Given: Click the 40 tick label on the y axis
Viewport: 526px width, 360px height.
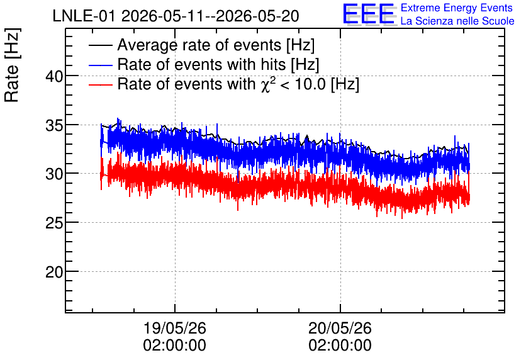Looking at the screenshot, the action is (54, 77).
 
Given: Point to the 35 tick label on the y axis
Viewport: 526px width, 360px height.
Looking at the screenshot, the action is (54, 125).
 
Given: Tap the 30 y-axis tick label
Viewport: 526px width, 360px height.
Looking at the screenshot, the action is (54, 174).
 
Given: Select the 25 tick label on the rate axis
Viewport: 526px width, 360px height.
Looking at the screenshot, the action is (54, 223).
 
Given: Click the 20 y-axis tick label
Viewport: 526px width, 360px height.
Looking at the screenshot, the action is (54, 272).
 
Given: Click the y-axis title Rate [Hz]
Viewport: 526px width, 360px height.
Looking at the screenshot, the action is (12, 65).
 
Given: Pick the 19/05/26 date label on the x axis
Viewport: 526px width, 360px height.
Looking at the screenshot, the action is (175, 328).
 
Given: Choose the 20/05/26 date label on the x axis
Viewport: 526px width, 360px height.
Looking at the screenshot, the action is (340, 328).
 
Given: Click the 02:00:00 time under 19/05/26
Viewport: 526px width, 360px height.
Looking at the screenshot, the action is (175, 346).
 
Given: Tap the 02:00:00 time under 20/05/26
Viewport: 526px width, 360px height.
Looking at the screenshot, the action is (340, 346).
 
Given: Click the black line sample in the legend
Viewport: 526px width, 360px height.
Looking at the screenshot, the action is (100, 45).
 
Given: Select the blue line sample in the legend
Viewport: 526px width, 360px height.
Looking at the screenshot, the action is (100, 65).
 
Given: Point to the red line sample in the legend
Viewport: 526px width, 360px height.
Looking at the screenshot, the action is (100, 84).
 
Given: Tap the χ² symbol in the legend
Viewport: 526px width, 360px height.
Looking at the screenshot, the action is (269, 84).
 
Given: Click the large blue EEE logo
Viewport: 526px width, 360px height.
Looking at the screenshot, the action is (369, 14).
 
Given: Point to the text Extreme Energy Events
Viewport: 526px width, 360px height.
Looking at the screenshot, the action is (457, 8).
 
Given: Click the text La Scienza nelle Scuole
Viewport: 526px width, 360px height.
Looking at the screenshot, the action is (457, 21).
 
